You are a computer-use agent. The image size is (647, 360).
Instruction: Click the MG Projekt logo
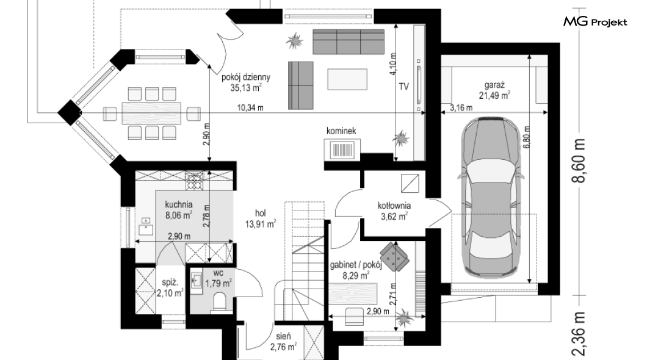pyautogui.click(x=595, y=22)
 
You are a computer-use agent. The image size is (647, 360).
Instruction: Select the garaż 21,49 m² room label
pyautogui.click(x=494, y=91)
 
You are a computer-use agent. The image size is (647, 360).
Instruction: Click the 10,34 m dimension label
pyautogui.click(x=250, y=108)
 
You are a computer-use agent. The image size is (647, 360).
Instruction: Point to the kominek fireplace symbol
pyautogui.click(x=342, y=149)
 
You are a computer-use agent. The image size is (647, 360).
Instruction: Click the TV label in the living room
pyautogui.click(x=403, y=87)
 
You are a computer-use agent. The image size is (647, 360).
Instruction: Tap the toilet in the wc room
pyautogui.click(x=220, y=301)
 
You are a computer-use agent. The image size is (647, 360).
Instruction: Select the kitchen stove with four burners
pyautogui.click(x=195, y=181)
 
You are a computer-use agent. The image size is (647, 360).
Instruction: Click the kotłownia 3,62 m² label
pyautogui.click(x=394, y=211)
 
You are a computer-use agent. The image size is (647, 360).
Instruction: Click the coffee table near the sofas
pyautogui.click(x=347, y=79)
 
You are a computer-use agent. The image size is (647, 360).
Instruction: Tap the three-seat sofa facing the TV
pyautogui.click(x=349, y=41)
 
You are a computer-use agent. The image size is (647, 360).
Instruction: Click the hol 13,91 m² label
pyautogui.click(x=261, y=218)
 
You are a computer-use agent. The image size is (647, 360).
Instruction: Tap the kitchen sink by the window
pyautogui.click(x=145, y=226)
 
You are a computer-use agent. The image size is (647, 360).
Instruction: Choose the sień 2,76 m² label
pyautogui.click(x=283, y=342)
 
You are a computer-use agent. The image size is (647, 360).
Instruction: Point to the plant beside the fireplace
pyautogui.click(x=400, y=139)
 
